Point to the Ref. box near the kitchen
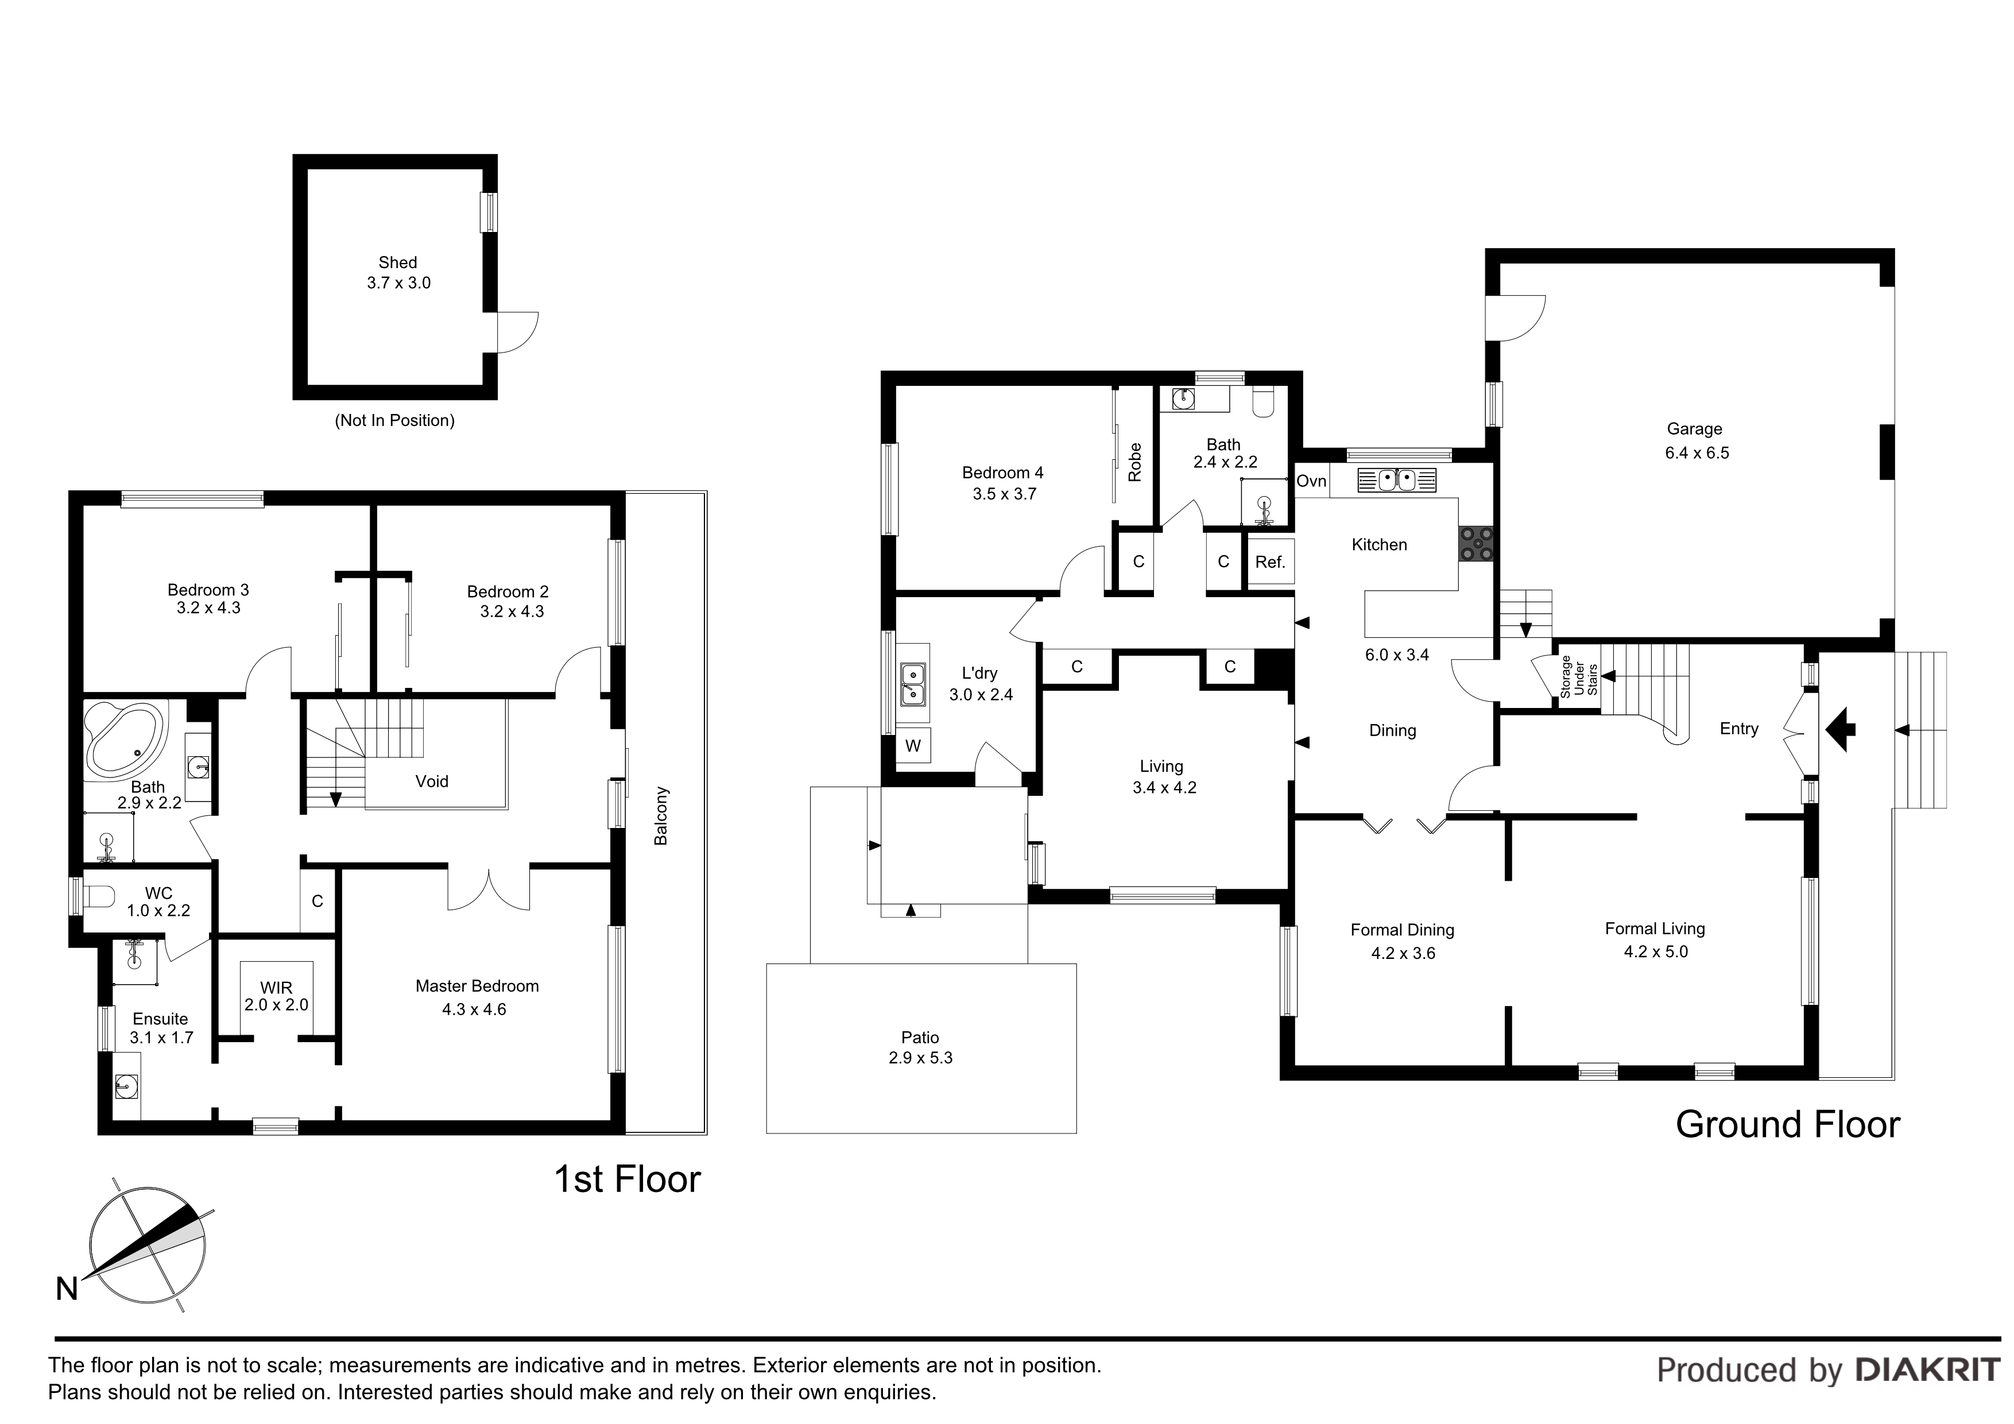point(1270,562)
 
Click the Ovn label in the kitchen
point(1311,481)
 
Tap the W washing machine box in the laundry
point(913,746)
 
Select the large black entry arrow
point(1839,728)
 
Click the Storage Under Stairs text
point(1579,676)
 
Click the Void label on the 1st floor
point(432,781)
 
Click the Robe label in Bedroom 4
point(1135,462)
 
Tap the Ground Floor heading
point(1788,1124)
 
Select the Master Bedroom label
point(477,986)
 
